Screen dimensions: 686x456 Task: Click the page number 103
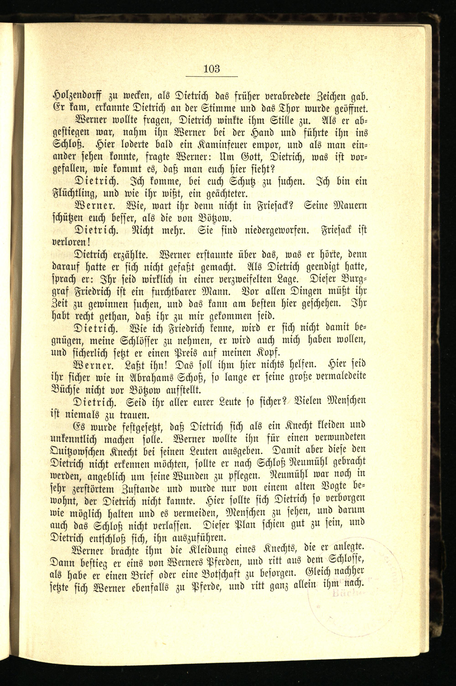(212, 69)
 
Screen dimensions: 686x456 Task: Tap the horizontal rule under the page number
(212, 76)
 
